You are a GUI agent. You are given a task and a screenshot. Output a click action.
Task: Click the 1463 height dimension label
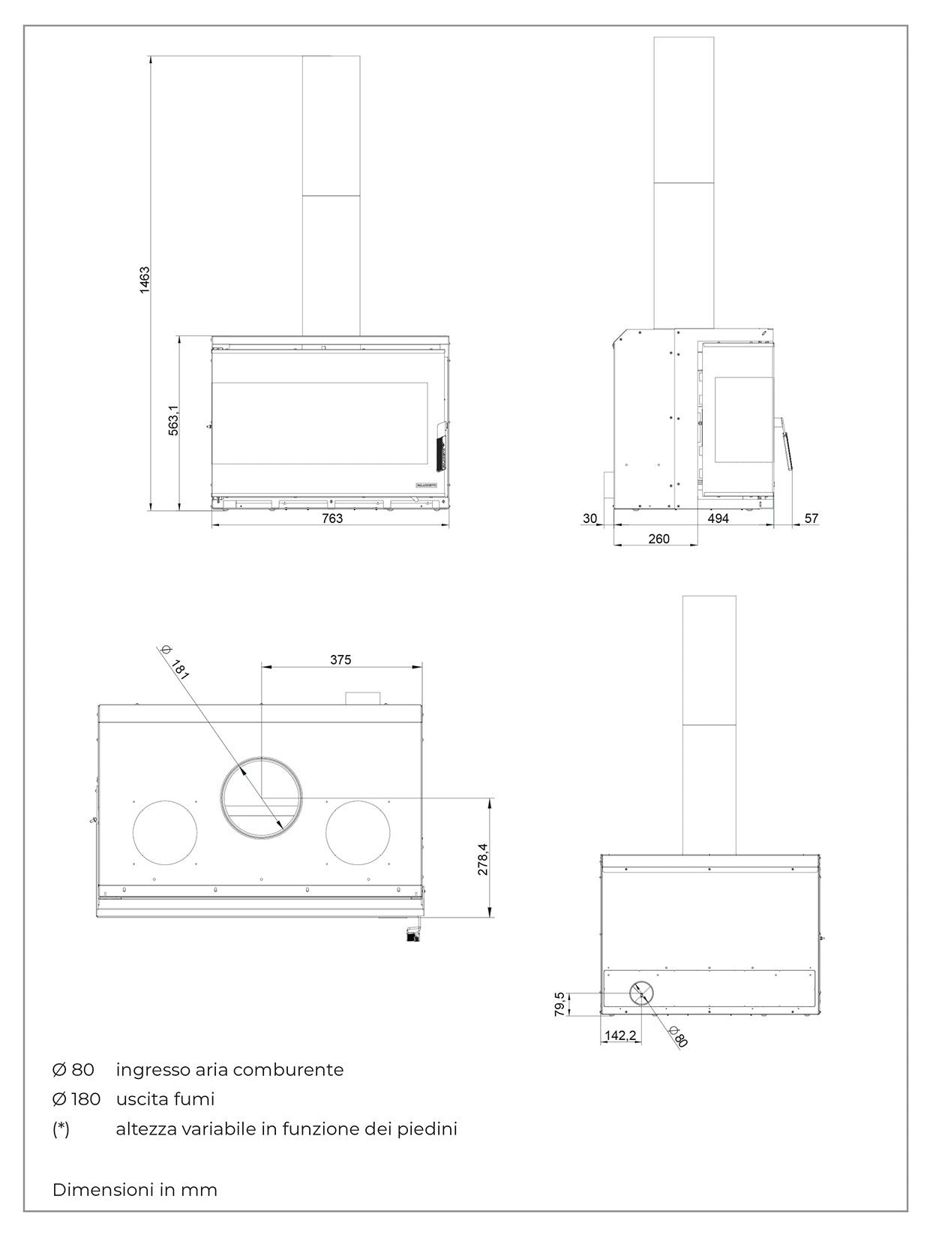pyautogui.click(x=145, y=280)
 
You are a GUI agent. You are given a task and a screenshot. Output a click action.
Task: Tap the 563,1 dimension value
pyautogui.click(x=173, y=420)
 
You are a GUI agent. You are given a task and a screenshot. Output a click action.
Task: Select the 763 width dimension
pyautogui.click(x=331, y=518)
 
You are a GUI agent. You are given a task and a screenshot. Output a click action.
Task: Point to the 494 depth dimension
pyautogui.click(x=718, y=518)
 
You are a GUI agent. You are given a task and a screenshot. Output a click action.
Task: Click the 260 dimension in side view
pyautogui.click(x=658, y=539)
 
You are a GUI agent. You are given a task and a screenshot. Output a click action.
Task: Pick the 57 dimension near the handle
pyautogui.click(x=811, y=518)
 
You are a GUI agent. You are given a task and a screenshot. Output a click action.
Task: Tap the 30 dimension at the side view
pyautogui.click(x=590, y=518)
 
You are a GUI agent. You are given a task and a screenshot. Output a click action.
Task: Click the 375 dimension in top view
pyautogui.click(x=340, y=660)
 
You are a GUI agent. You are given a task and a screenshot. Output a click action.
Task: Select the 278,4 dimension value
pyautogui.click(x=483, y=859)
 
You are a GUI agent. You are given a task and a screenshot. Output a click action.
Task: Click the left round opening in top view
pyautogui.click(x=165, y=832)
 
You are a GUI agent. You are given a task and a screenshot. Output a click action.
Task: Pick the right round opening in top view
pyautogui.click(x=358, y=832)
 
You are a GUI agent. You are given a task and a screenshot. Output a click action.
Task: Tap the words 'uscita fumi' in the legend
pyautogui.click(x=165, y=1099)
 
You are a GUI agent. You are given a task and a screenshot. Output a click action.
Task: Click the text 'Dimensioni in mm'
pyautogui.click(x=135, y=1190)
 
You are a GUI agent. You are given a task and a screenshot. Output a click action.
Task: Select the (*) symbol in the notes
pyautogui.click(x=61, y=1129)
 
